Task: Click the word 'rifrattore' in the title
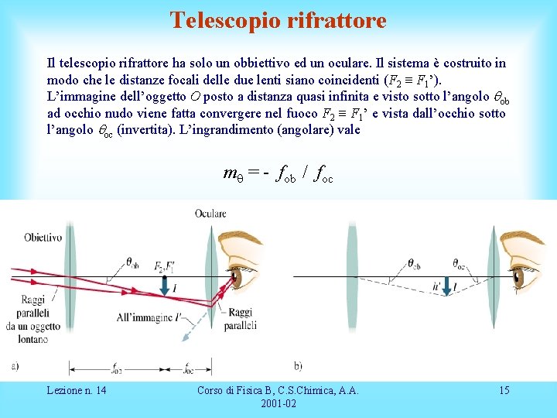(x=335, y=20)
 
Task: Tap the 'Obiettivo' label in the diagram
(x=43, y=237)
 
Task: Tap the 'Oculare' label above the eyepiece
(x=210, y=213)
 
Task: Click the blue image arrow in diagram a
(x=164, y=286)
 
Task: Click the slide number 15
(x=504, y=390)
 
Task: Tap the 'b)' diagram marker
(x=299, y=365)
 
